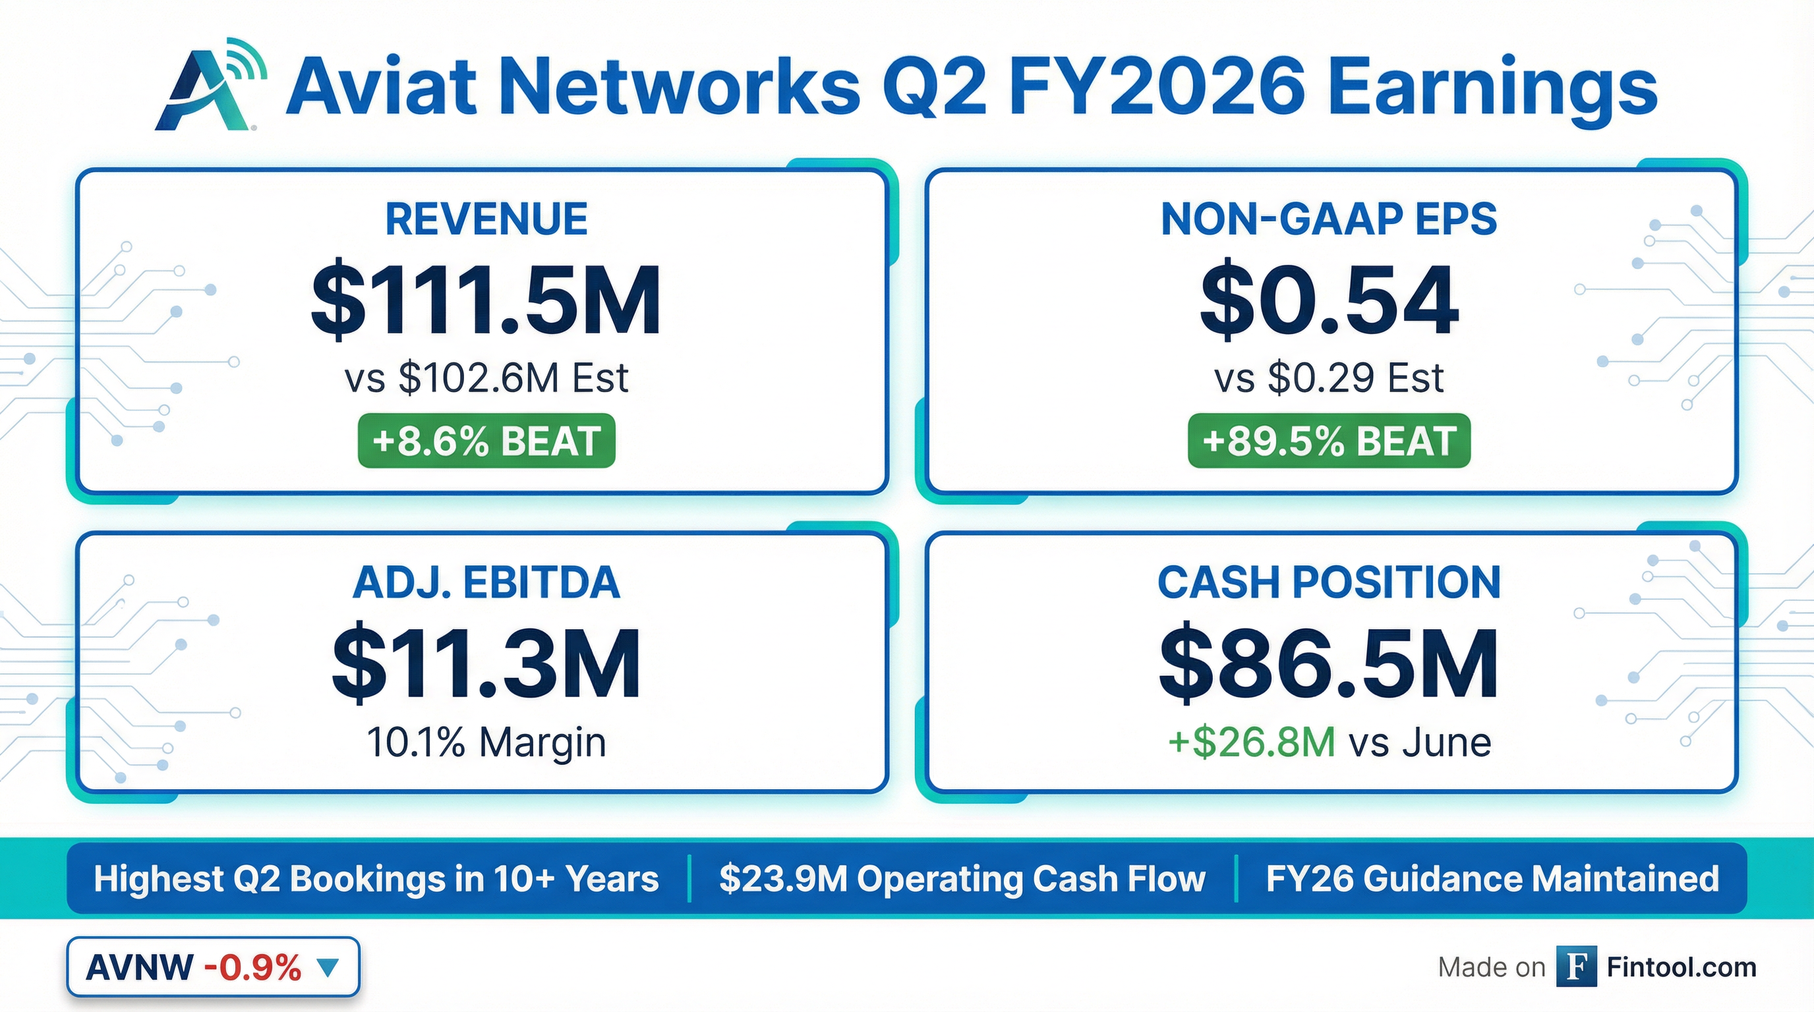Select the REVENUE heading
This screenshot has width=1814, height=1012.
click(x=486, y=219)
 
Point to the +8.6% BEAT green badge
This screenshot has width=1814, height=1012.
click(x=486, y=441)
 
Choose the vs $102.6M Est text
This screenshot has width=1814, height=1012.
click(x=486, y=378)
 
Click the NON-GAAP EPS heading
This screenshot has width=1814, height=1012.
click(x=1328, y=219)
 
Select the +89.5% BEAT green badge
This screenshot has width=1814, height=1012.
click(x=1328, y=441)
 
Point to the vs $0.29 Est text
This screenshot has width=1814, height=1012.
click(x=1328, y=378)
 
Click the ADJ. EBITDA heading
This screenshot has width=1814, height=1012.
click(x=486, y=582)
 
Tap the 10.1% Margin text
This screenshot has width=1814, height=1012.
click(x=486, y=742)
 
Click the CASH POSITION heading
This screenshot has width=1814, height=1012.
click(x=1328, y=582)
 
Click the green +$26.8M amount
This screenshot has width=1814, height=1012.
click(x=1251, y=742)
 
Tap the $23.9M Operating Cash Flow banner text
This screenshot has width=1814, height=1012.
click(x=962, y=879)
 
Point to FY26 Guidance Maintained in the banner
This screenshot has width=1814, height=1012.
click(x=1492, y=879)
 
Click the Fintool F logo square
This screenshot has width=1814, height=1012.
click(x=1576, y=967)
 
